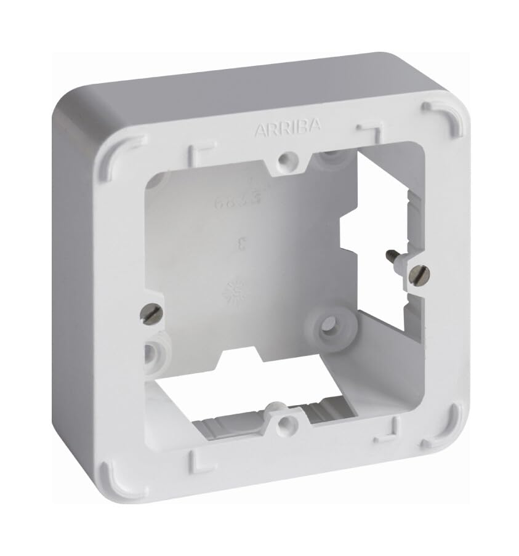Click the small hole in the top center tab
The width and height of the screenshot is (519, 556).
284,160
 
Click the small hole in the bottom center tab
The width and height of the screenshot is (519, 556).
284,424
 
